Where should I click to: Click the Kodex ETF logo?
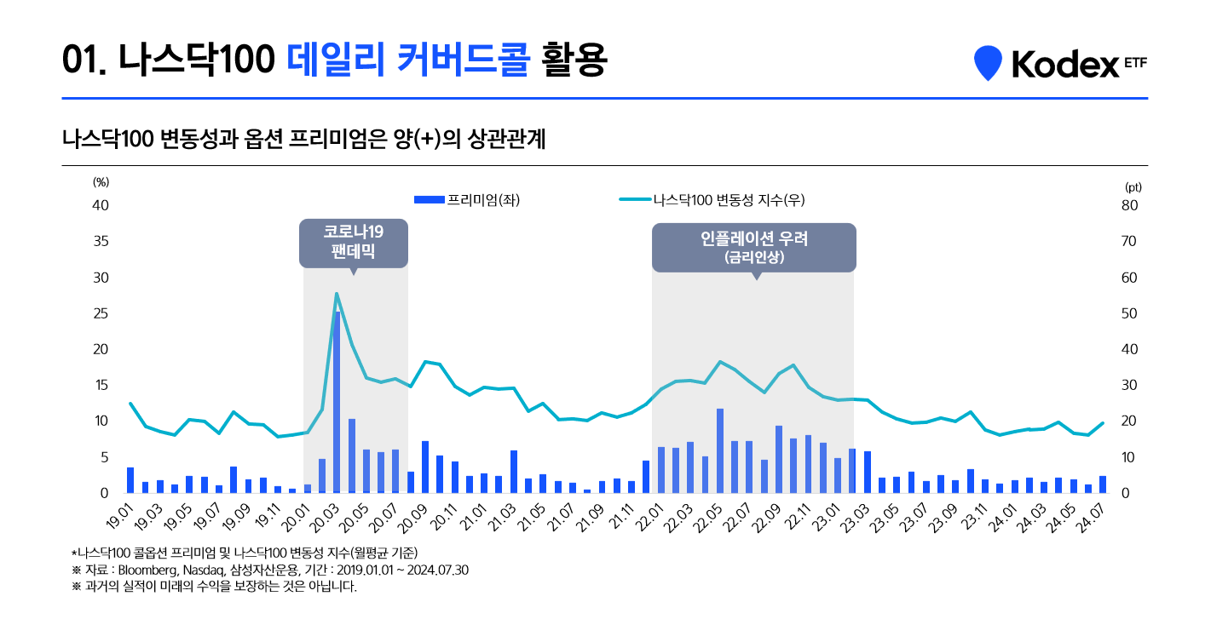(1060, 63)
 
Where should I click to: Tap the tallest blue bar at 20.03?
(337, 400)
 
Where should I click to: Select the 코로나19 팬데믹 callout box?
(353, 242)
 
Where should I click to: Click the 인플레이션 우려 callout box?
(753, 247)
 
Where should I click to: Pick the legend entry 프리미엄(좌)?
(467, 200)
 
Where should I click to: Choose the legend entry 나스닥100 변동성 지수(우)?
(712, 200)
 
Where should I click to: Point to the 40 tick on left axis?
(101, 205)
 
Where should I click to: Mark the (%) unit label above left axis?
(101, 181)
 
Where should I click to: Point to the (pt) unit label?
(1133, 186)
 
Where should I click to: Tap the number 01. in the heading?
(84, 60)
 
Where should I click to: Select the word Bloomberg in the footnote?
(144, 570)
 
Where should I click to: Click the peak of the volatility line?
(337, 294)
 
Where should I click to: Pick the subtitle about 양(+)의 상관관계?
(303, 139)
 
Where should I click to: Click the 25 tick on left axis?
(101, 313)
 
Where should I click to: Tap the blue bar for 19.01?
(130, 480)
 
